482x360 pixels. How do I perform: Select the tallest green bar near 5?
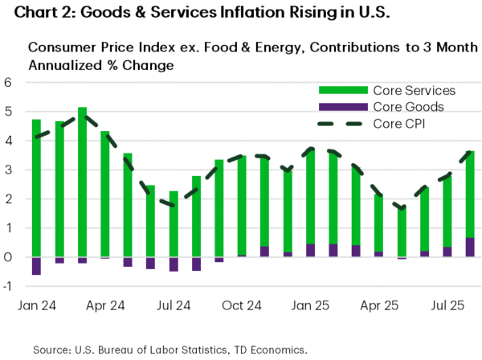[x=82, y=182]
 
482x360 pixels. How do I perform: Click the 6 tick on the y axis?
[x=8, y=82]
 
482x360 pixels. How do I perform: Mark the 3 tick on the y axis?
[x=8, y=170]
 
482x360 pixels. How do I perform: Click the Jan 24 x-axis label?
[x=36, y=306]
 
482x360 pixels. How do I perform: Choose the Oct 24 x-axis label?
[x=242, y=306]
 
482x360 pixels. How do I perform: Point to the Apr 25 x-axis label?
[x=379, y=306]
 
